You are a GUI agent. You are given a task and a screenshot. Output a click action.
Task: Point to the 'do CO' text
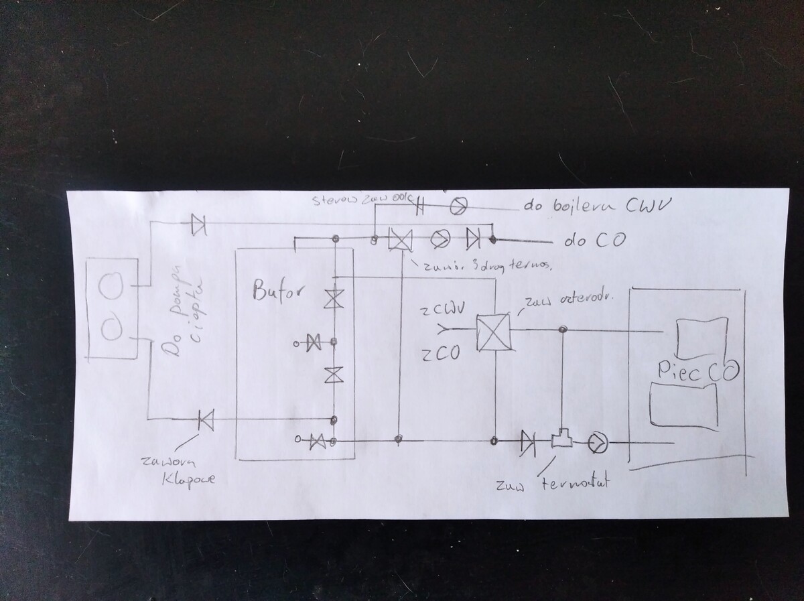tap(586, 241)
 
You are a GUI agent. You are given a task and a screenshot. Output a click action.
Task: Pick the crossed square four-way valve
tap(492, 332)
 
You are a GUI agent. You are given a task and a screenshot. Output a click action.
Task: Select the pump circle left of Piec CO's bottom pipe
tap(596, 442)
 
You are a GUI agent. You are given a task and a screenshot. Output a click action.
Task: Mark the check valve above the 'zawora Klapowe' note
tap(205, 420)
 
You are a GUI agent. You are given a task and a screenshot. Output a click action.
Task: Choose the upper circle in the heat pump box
tap(110, 287)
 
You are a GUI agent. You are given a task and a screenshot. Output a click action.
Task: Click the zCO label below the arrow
tap(440, 354)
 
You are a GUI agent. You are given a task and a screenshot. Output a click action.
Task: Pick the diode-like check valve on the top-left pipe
tap(198, 224)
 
